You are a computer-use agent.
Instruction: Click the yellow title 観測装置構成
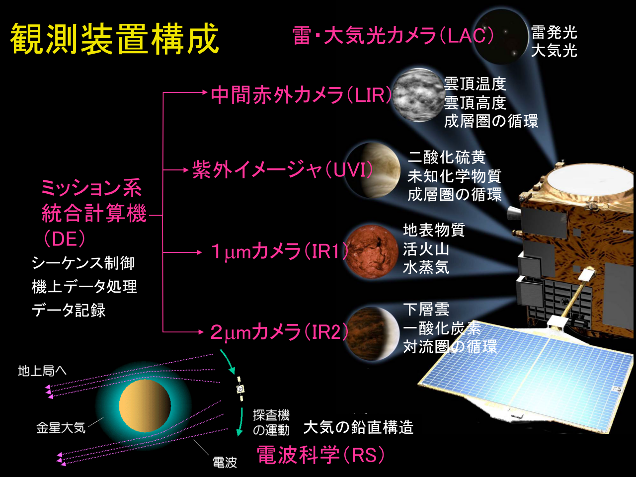tap(115, 39)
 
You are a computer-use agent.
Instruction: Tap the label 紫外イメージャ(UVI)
tap(283, 169)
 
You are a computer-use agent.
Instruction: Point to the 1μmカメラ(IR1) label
tap(280, 251)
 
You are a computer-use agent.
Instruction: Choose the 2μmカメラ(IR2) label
tap(279, 332)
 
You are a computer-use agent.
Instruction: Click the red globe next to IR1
tap(372, 251)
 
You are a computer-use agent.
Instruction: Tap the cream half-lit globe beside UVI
tap(374, 170)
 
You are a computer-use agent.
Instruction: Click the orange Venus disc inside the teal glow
tap(145, 406)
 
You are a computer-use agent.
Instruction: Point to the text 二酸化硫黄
tap(447, 158)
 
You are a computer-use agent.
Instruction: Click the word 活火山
tap(426, 249)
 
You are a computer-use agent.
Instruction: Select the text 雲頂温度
tap(475, 84)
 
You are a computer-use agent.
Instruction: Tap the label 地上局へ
tap(42, 371)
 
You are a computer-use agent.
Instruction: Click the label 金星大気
tap(61, 428)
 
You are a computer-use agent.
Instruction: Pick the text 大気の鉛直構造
tap(358, 427)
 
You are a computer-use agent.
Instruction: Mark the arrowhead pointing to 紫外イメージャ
tap(186, 170)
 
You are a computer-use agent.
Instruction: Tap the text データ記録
tap(69, 310)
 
